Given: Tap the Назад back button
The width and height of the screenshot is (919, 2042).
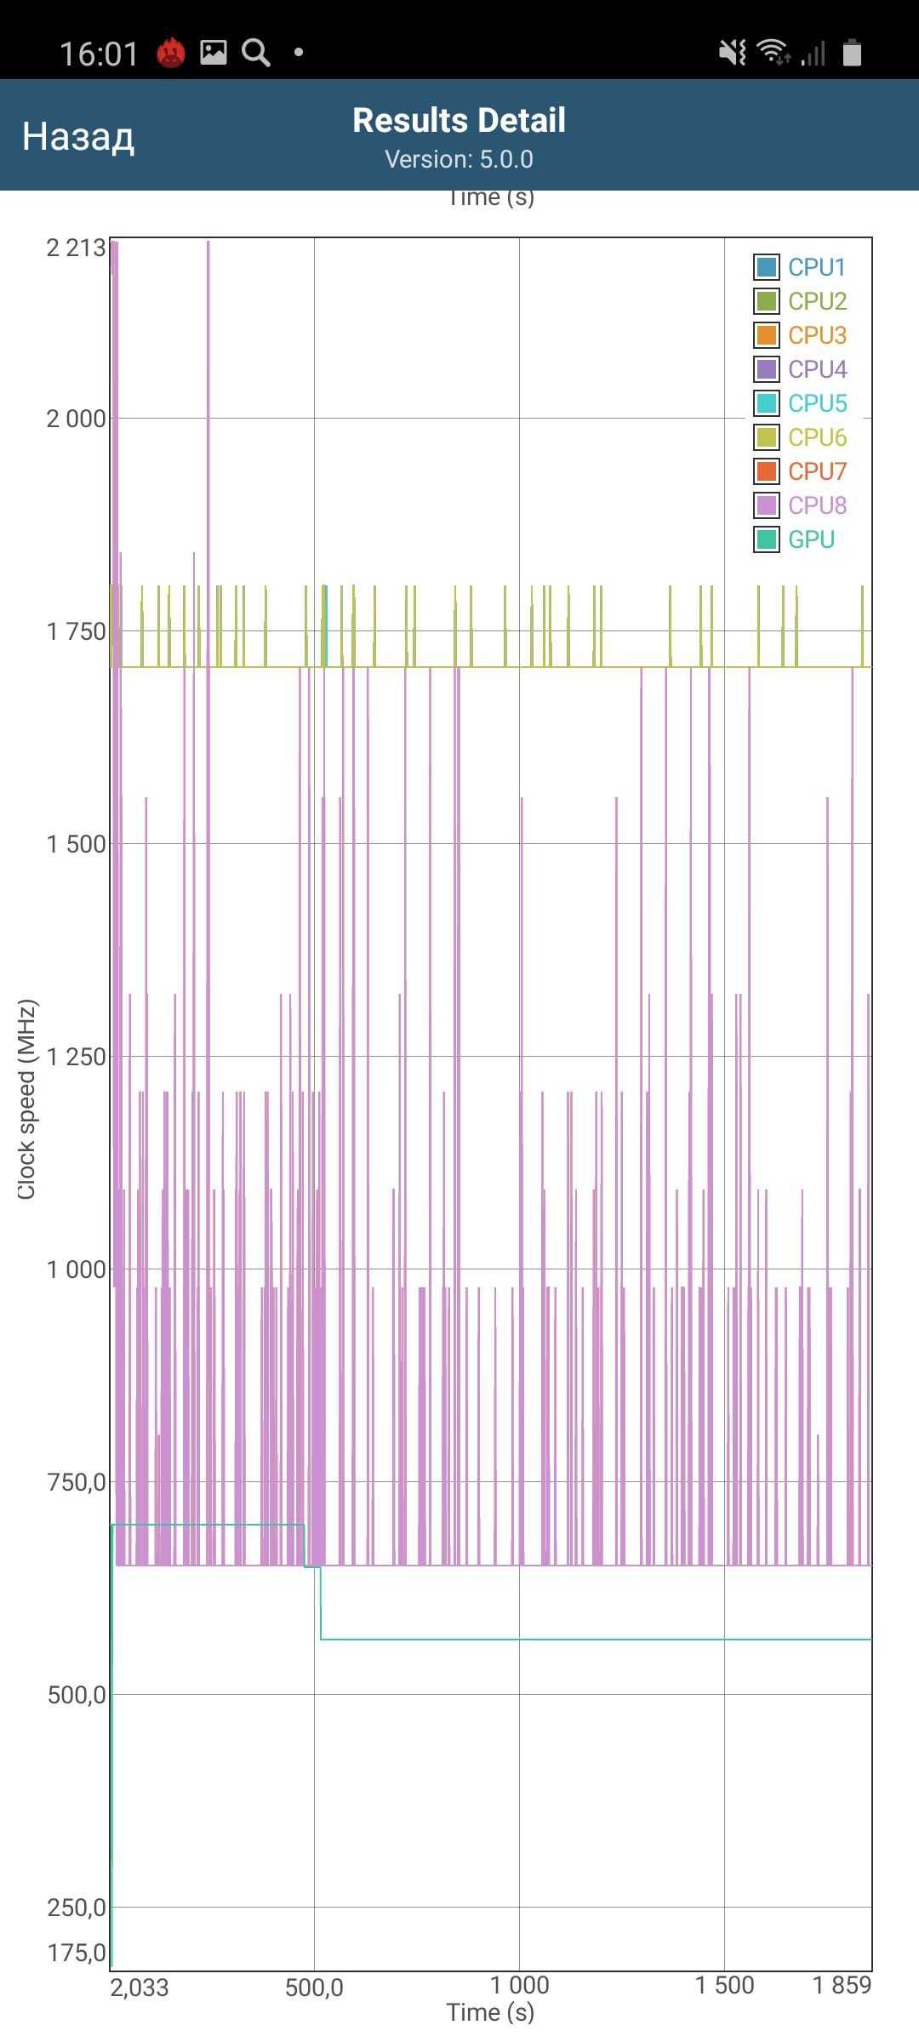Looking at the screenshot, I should pos(77,136).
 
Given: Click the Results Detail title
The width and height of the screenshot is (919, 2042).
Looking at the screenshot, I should pos(459,120).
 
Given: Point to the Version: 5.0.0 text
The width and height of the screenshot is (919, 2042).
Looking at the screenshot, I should pos(459,159).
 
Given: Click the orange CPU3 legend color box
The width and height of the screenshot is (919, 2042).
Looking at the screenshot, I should pos(767,335).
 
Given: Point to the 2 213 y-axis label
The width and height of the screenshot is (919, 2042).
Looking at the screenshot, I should pos(76,248).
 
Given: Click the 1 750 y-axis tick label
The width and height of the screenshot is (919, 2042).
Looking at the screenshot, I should pos(76,631).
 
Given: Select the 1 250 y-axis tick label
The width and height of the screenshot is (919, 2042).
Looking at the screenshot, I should pos(76,1057).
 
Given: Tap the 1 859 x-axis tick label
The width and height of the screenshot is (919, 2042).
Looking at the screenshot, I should pos(842,1985).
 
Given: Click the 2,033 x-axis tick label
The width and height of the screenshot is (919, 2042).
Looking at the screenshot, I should pos(140,1988).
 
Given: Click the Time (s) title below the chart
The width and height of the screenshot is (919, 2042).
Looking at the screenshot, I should pos(490,2012).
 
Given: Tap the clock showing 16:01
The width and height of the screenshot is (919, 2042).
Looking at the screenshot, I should pos(99,54).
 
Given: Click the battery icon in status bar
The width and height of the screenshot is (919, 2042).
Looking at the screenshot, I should pos(852,53).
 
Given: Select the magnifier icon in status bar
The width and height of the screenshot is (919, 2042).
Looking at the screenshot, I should pos(256,53).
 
